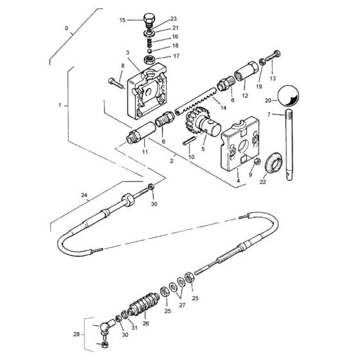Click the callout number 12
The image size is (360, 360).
244,95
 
